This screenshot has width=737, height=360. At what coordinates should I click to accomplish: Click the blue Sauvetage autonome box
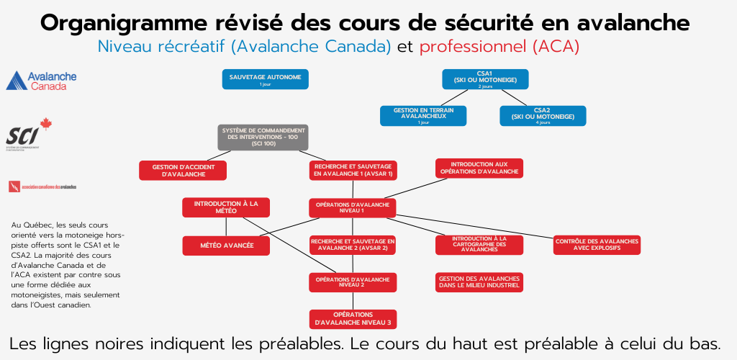pyautogui.click(x=266, y=78)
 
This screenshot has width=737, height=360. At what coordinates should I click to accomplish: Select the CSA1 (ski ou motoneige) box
pyautogui.click(x=485, y=78)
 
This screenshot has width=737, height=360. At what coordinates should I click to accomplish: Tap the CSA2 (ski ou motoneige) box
pyautogui.click(x=543, y=116)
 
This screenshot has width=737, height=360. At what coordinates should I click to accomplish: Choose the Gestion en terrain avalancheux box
pyautogui.click(x=423, y=116)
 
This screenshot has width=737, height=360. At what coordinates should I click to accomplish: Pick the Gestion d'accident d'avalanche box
pyautogui.click(x=184, y=170)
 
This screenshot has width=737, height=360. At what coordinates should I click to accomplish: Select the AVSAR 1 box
pyautogui.click(x=353, y=170)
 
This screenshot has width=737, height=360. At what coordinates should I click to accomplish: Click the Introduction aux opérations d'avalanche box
pyautogui.click(x=479, y=168)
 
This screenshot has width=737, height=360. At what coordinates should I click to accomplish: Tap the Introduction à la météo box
pyautogui.click(x=225, y=207)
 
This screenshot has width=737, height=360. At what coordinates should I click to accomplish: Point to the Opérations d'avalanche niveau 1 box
pyautogui.click(x=353, y=207)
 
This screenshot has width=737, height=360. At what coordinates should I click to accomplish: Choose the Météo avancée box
pyautogui.click(x=227, y=246)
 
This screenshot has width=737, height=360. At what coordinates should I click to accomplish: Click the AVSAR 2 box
pyautogui.click(x=353, y=245)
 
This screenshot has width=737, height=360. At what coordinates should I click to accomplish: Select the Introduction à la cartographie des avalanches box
pyautogui.click(x=479, y=245)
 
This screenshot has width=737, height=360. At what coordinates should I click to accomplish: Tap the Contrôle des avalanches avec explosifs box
pyautogui.click(x=597, y=245)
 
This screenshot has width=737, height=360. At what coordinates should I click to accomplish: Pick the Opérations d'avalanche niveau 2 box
pyautogui.click(x=353, y=282)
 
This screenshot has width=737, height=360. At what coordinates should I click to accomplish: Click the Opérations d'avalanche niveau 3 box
pyautogui.click(x=353, y=318)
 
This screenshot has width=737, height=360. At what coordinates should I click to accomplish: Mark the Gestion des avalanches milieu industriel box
pyautogui.click(x=479, y=282)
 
